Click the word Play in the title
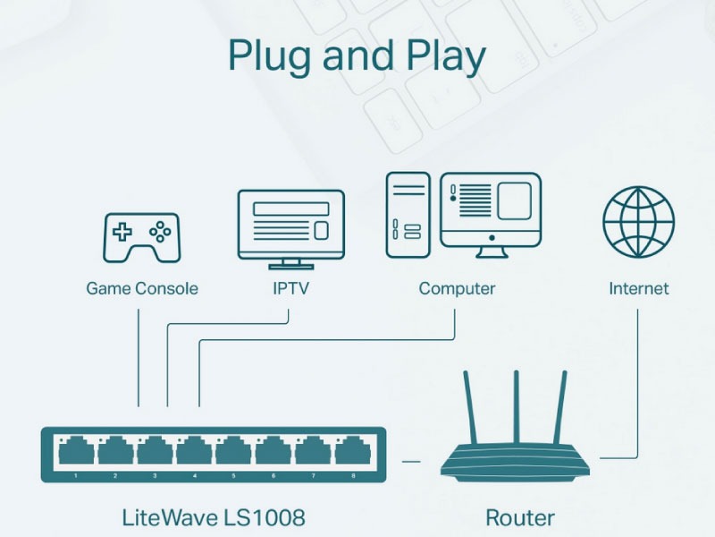444,55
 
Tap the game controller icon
141,238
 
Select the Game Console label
142,289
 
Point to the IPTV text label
290,289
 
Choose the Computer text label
457,289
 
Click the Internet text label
638,289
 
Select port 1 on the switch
75,453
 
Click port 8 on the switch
351,453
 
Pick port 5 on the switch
233,453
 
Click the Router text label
519,516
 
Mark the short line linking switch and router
411,461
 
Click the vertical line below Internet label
638,376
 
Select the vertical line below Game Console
139,358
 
